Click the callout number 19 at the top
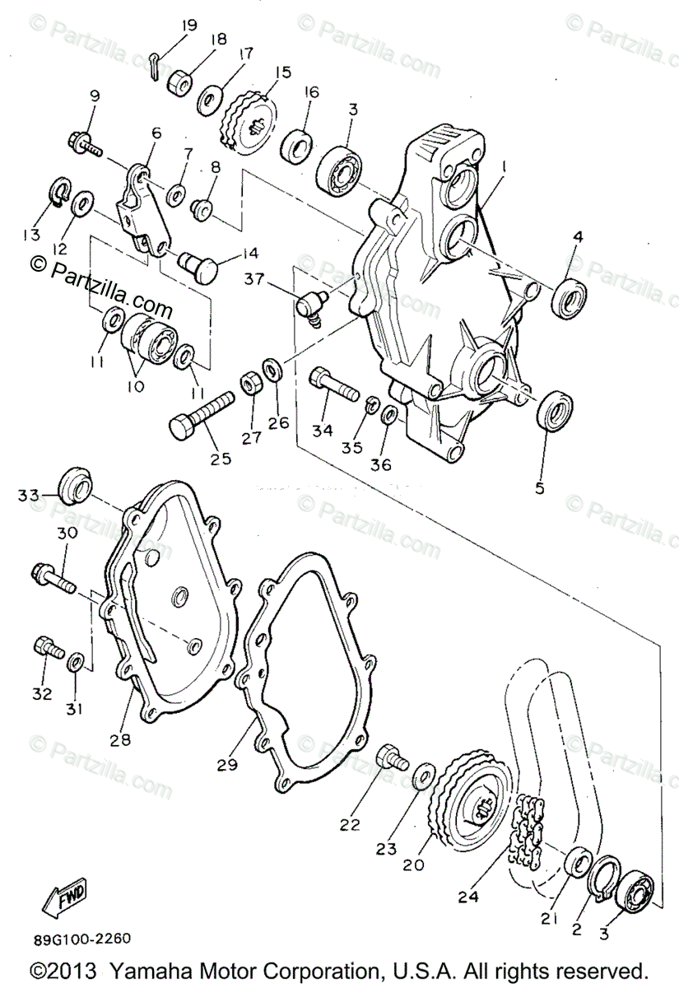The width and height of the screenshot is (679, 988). (189, 26)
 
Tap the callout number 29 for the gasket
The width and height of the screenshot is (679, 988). (227, 764)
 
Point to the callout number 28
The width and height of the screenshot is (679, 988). (119, 739)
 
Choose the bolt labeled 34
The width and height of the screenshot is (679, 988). (333, 384)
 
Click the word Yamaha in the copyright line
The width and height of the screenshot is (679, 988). (145, 969)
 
